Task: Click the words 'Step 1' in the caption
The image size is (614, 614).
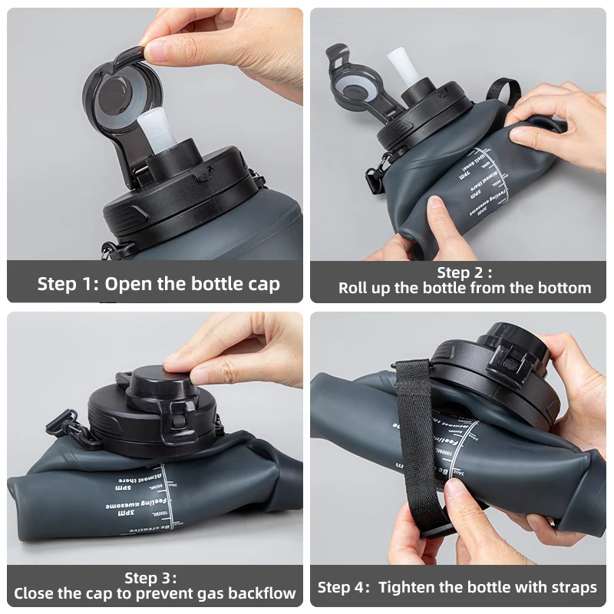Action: coord(67,284)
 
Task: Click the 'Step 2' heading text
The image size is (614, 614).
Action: coord(460,272)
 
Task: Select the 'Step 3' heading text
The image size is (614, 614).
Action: coord(150,577)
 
